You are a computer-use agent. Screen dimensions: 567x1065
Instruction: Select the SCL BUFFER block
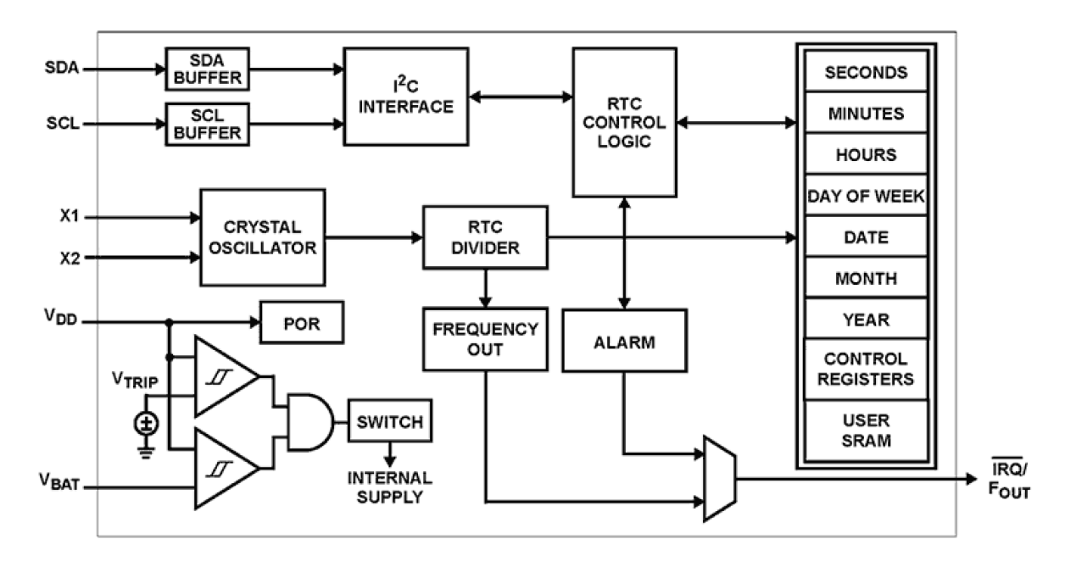pos(204,124)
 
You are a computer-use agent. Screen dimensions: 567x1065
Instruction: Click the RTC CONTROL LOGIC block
pos(624,122)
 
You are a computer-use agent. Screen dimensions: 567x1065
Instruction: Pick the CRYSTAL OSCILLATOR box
pos(263,237)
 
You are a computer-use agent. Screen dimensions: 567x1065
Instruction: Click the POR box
pos(302,322)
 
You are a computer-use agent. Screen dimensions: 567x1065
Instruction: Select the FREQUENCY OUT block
pos(484,339)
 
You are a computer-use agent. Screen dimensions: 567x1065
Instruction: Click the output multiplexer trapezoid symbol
pos(720,477)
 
